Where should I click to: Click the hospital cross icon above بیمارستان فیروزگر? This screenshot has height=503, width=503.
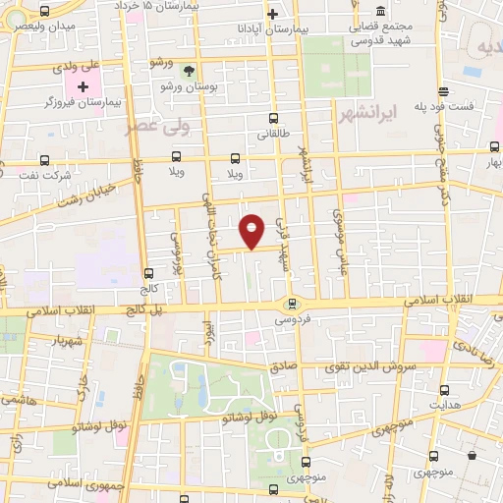tap(83, 87)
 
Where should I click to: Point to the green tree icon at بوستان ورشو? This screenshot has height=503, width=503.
tap(189, 71)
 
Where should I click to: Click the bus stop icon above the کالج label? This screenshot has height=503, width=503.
tap(149, 274)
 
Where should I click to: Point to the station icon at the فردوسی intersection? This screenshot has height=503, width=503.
tap(292, 304)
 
